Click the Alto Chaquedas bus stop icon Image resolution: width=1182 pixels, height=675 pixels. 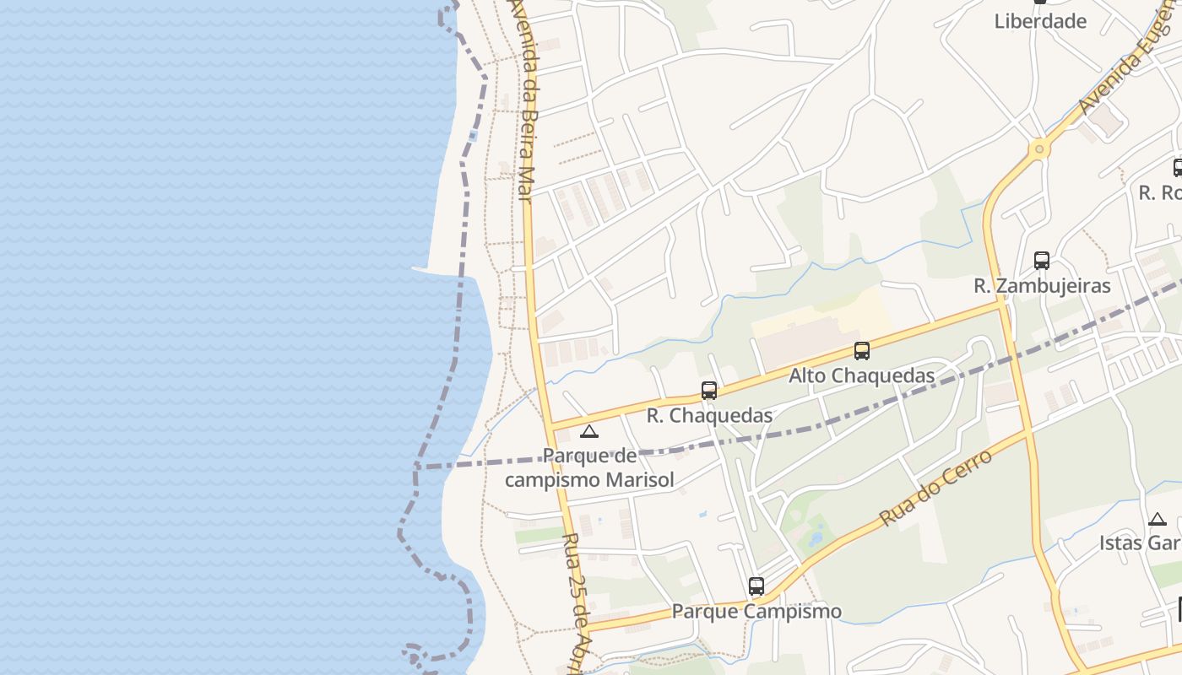[861, 351]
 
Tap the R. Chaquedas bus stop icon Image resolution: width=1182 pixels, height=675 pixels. [709, 391]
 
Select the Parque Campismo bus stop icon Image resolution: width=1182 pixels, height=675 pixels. [756, 586]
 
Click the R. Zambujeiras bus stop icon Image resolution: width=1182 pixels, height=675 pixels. [1042, 261]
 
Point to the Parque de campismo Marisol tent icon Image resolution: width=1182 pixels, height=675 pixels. [589, 432]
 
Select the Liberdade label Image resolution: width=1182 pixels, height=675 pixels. [1040, 21]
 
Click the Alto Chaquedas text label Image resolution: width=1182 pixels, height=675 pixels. [861, 375]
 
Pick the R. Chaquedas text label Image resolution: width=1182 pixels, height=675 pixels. [709, 415]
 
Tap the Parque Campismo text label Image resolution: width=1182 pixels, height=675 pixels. [756, 611]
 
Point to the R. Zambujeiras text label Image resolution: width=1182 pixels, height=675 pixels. [1042, 285]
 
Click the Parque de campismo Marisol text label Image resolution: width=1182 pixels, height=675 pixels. [589, 468]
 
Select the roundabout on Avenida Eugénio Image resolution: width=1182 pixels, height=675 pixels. [1039, 149]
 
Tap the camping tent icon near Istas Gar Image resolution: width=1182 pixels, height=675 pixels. [1158, 520]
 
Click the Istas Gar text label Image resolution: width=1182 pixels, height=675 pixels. [1140, 543]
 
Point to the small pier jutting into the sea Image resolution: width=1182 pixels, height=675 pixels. [426, 270]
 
